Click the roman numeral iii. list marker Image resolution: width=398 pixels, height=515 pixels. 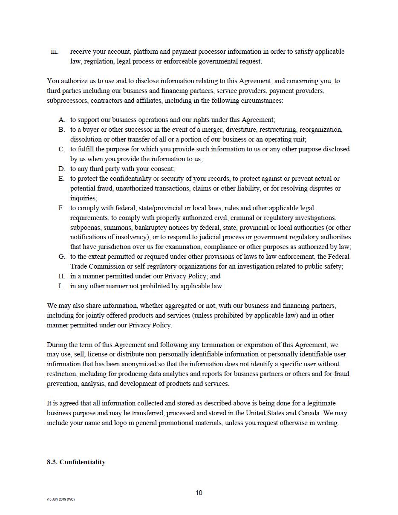tap(55, 52)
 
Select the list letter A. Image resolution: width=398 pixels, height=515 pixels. tap(62, 120)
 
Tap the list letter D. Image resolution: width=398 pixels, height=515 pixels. tap(62, 169)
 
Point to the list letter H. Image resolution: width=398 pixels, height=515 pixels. tap(62, 276)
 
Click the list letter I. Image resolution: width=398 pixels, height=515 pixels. tap(61, 286)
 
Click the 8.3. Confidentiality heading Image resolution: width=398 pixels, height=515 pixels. tap(76, 462)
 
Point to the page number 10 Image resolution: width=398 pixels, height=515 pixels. tap(199, 493)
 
